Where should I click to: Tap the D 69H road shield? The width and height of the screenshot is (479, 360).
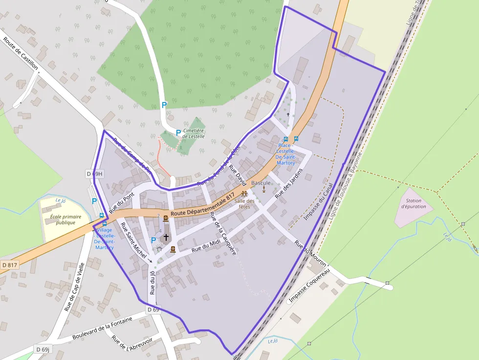tap(94, 174)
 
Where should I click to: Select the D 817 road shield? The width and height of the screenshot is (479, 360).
tap(9, 265)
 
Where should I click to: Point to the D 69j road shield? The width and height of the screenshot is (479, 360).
tap(43, 349)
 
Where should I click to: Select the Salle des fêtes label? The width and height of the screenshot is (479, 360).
tap(244, 204)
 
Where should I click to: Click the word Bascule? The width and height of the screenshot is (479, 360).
tap(261, 183)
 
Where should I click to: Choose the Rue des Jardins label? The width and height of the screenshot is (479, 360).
tap(289, 183)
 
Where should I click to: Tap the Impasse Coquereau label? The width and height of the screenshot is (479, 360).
tap(310, 285)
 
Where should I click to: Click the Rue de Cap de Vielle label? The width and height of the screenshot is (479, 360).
tap(75, 287)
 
